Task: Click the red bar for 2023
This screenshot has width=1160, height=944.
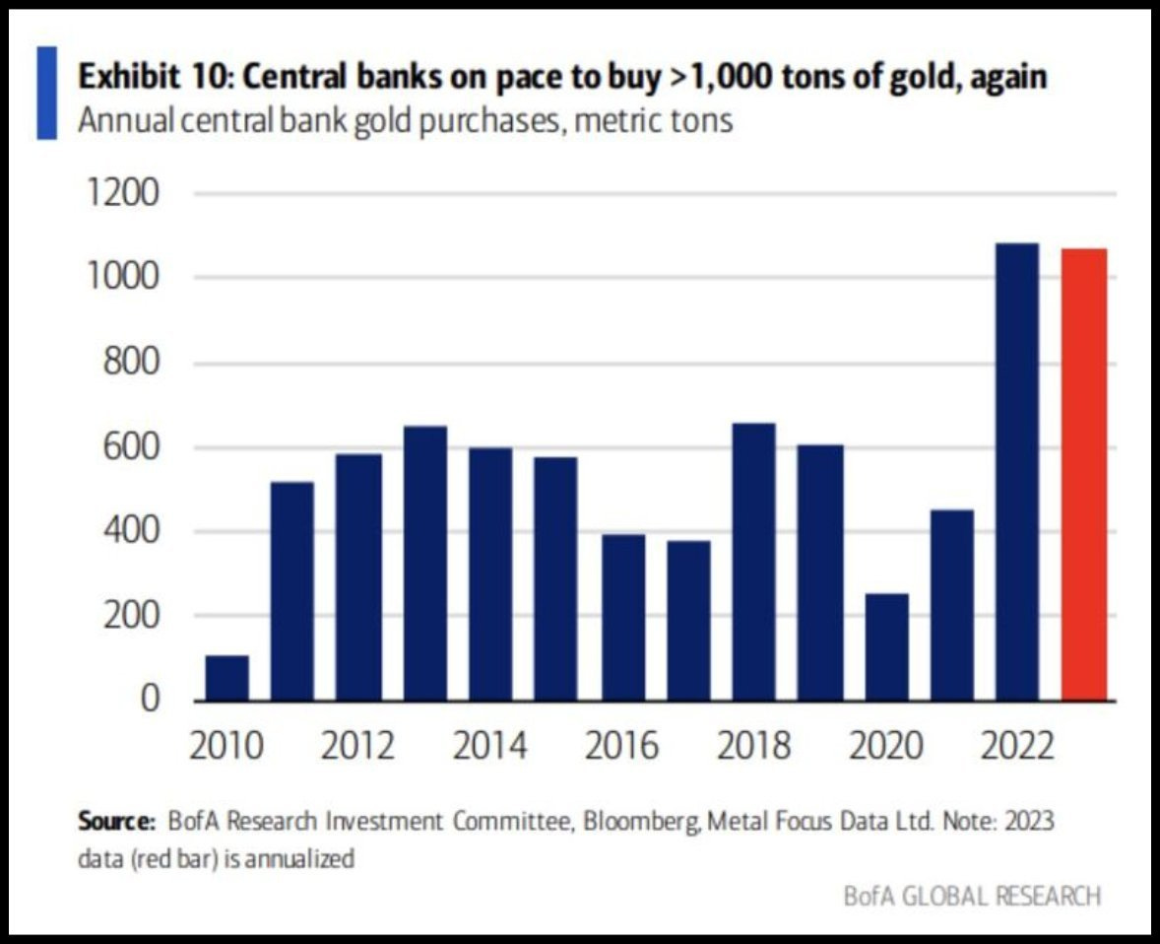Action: point(1084,474)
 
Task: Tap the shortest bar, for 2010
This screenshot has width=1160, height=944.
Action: point(227,678)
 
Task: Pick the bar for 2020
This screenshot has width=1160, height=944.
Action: point(885,646)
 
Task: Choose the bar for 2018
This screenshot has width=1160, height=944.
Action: point(753,562)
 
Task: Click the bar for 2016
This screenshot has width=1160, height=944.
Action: point(622,617)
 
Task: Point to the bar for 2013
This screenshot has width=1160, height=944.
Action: point(424,563)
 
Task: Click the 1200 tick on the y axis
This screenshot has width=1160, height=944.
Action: point(123,194)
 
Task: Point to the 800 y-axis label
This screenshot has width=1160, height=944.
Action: point(132,364)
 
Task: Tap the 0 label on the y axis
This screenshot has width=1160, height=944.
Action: point(150,700)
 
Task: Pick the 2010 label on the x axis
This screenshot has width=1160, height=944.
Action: point(227,746)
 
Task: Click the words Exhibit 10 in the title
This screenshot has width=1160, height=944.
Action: point(146,77)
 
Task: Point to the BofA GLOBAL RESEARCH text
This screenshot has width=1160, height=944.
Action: point(973,896)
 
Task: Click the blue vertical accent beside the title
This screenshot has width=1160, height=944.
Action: point(46,93)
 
